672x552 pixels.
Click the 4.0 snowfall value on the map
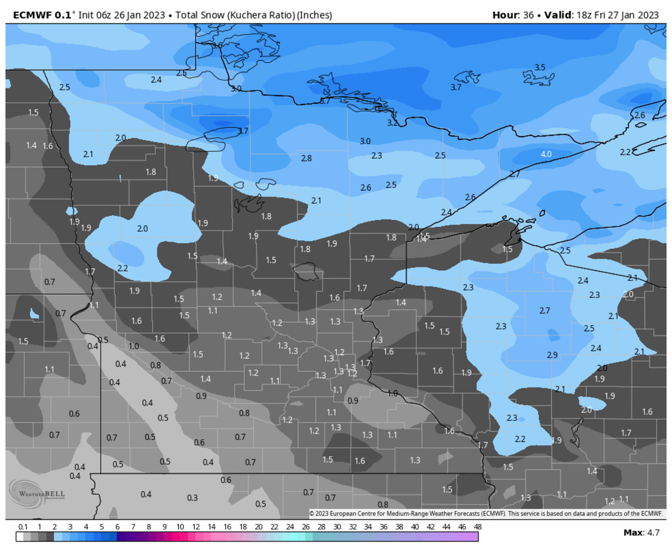click(546, 154)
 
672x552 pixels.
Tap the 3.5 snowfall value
click(539, 67)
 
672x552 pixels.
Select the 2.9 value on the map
click(552, 355)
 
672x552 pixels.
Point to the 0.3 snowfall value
click(192, 498)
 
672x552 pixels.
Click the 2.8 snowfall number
click(306, 159)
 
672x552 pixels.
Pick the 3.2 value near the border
click(393, 123)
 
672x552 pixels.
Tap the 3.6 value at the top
click(217, 45)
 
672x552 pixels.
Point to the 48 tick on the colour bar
click(477, 527)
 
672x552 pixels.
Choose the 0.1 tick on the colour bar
click(23, 527)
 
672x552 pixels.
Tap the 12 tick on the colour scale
click(195, 527)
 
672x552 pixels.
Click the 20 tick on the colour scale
click(258, 527)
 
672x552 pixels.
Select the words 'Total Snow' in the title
click(197, 15)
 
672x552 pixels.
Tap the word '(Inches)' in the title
click(313, 15)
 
